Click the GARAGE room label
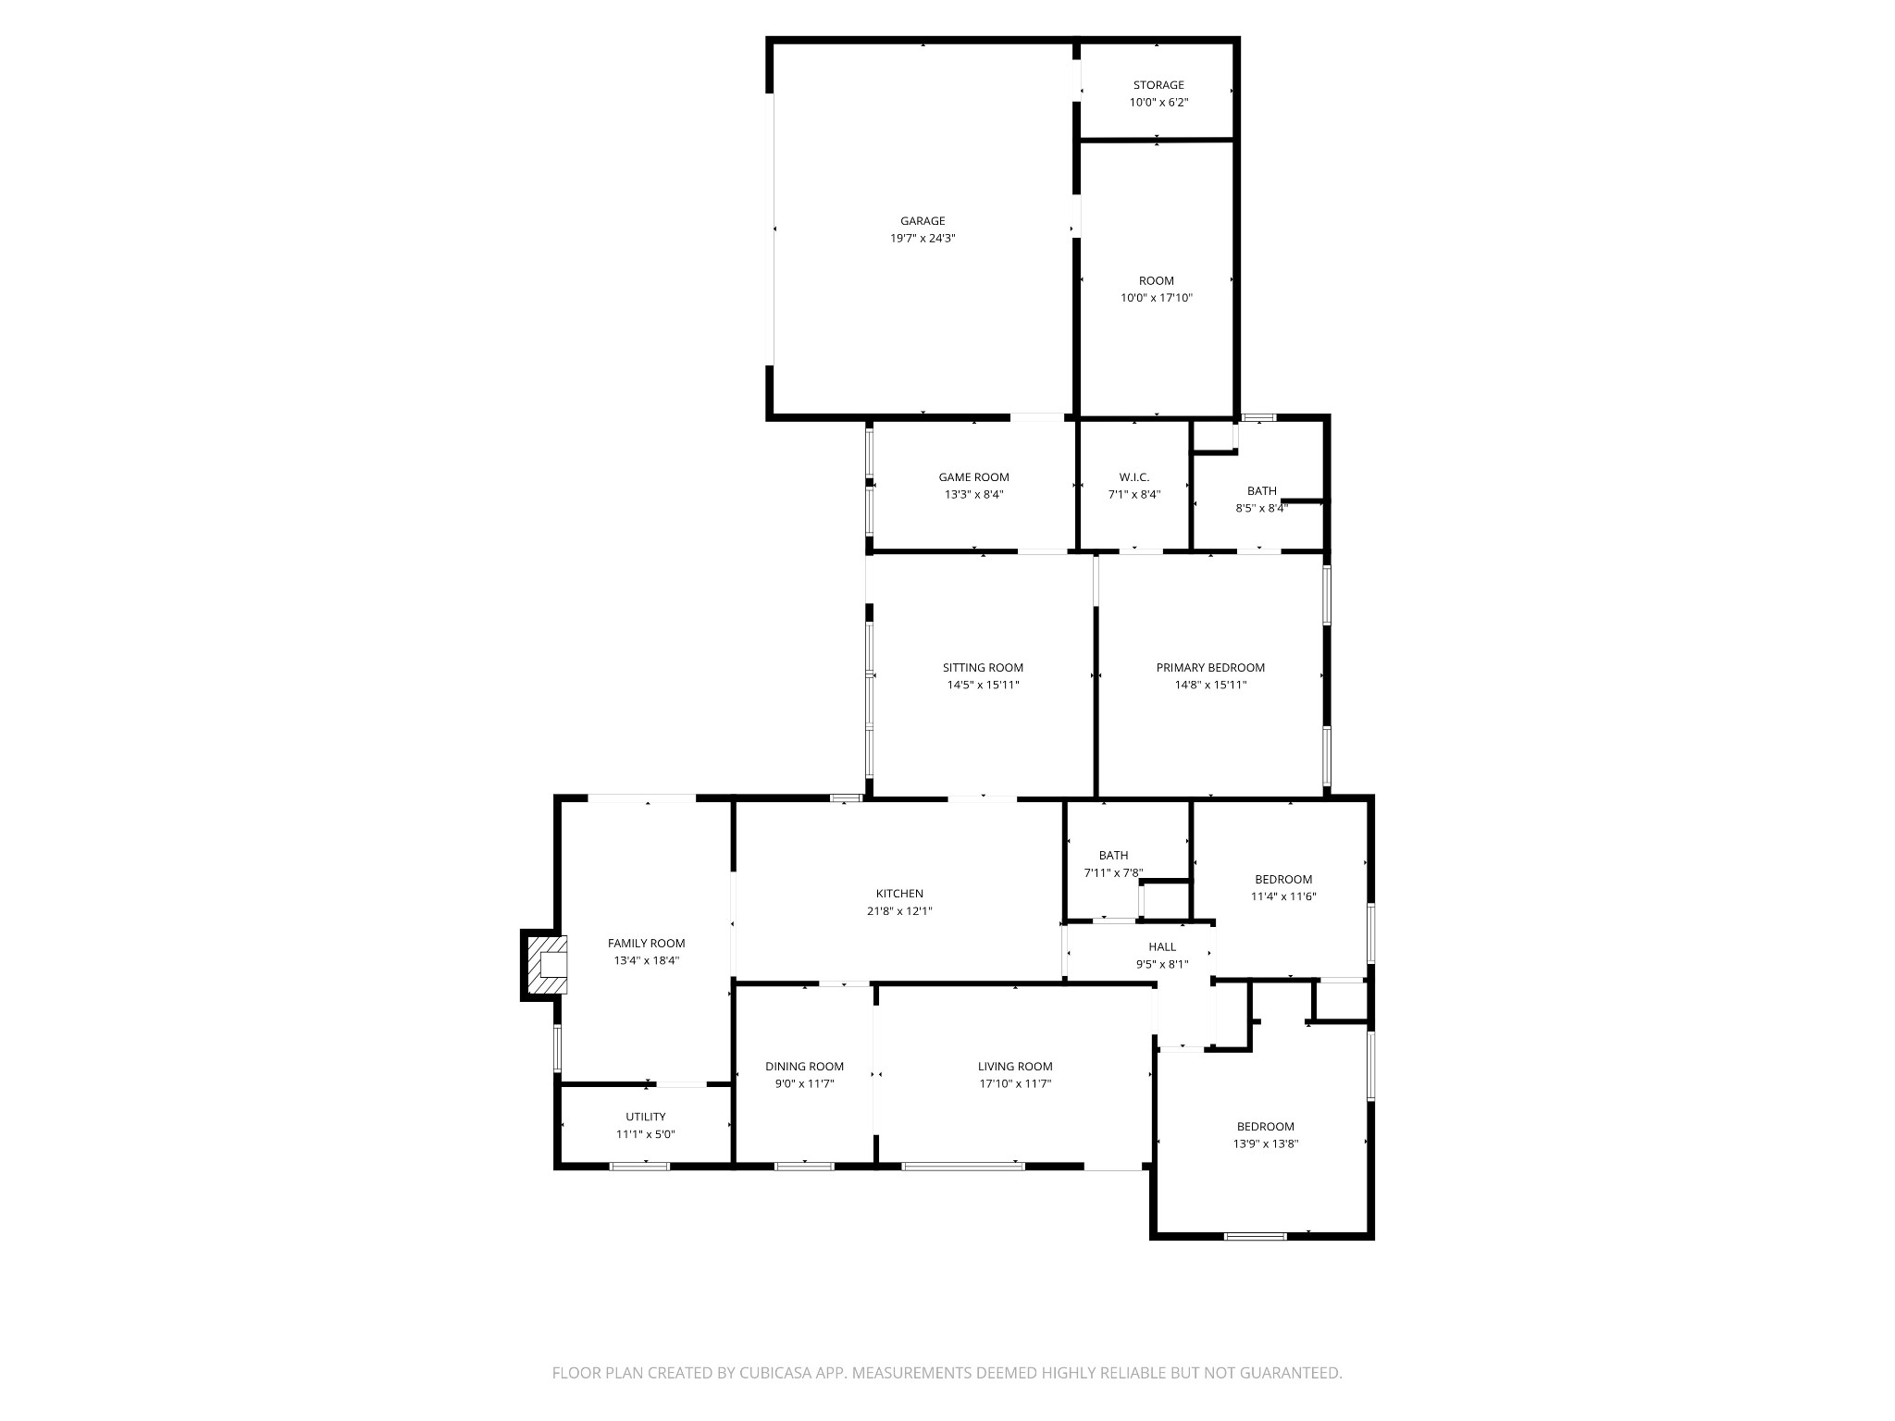pyautogui.click(x=923, y=221)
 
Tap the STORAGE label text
pyautogui.click(x=1158, y=85)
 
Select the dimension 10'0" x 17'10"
pyautogui.click(x=1157, y=298)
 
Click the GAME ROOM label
pyautogui.click(x=973, y=477)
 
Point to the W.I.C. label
pyautogui.click(x=1134, y=477)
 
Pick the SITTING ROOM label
pyautogui.click(x=983, y=668)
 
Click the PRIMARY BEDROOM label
pyautogui.click(x=1210, y=668)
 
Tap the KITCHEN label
pyautogui.click(x=899, y=894)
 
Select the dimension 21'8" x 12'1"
pyautogui.click(x=899, y=911)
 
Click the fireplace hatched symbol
pyautogui.click(x=545, y=964)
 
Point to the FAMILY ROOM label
pyautogui.click(x=646, y=944)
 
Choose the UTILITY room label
pyautogui.click(x=645, y=1117)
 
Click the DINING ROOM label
pyautogui.click(x=804, y=1067)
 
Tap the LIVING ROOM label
pyautogui.click(x=1015, y=1067)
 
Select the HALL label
pyautogui.click(x=1162, y=946)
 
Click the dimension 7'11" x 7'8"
pyautogui.click(x=1113, y=872)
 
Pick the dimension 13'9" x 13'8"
pyautogui.click(x=1265, y=1143)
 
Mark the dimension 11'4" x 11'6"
pyautogui.click(x=1283, y=896)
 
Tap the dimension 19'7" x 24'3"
pyautogui.click(x=923, y=239)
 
